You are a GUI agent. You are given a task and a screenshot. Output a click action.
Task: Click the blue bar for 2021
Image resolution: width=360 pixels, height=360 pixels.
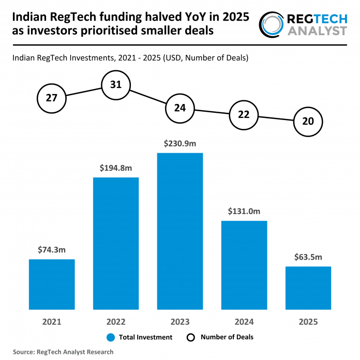[52, 284]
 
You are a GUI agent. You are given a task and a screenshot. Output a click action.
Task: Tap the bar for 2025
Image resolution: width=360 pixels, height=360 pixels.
[308, 288]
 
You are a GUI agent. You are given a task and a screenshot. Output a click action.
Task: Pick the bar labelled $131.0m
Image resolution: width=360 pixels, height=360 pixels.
[244, 265]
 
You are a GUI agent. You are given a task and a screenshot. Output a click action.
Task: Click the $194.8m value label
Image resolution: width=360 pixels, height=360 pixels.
[116, 168]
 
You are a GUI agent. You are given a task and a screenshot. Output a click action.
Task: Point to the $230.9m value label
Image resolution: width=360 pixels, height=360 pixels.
[180, 143]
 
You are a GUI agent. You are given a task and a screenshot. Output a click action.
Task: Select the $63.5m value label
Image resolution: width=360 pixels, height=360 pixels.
[308, 257]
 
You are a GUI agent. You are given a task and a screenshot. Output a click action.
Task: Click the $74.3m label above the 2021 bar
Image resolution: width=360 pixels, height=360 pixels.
[52, 250]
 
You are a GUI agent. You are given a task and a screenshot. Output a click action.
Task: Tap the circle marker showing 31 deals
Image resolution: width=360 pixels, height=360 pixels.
[116, 84]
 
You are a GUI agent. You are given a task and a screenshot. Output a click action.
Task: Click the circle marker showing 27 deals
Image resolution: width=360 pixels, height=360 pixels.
[52, 97]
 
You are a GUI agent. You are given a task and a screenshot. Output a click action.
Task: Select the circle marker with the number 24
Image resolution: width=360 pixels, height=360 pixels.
[180, 109]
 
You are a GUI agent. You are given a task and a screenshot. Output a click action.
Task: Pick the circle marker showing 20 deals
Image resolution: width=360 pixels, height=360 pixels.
[308, 122]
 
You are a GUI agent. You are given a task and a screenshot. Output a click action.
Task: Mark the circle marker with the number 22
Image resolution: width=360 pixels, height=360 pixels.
[244, 115]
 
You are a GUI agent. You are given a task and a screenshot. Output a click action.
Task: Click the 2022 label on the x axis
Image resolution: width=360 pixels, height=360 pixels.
[116, 322]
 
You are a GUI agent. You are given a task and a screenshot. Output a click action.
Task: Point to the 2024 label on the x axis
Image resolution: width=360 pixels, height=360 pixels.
[244, 322]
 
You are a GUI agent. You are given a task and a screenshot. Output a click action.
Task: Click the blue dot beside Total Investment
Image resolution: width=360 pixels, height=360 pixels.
[111, 337]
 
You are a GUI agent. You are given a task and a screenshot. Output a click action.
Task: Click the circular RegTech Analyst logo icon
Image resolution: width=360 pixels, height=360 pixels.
[273, 24]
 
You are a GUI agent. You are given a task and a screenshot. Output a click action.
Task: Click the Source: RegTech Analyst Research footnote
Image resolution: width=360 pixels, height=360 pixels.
[63, 352]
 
